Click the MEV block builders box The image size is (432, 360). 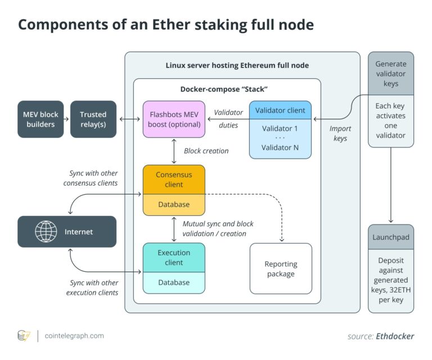40,119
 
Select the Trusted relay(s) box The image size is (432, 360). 93,119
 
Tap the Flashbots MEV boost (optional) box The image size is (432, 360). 174,119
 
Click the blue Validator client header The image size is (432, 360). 280,110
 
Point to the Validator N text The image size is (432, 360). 280,147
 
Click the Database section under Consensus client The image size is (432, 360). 174,205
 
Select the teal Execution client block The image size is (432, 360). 174,257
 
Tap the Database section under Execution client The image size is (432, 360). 174,282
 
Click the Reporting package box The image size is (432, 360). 281,269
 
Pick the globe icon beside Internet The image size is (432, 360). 47,232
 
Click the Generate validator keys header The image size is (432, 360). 391,74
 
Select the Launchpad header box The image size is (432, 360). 391,237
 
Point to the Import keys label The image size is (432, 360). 340,133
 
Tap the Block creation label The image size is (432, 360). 206,151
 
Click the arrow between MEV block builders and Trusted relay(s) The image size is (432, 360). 65,119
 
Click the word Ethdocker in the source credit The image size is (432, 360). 395,336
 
